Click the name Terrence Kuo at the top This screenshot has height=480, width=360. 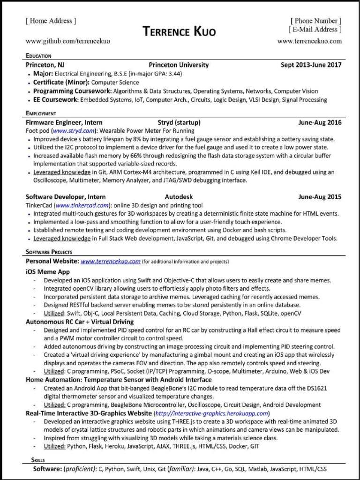(180, 32)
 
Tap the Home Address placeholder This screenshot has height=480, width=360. (51, 21)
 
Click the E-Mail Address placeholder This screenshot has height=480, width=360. (315, 30)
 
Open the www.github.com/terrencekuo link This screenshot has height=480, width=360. (68, 41)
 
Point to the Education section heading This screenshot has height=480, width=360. (38, 56)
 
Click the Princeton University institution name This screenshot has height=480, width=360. (179, 65)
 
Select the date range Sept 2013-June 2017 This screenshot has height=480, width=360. (311, 65)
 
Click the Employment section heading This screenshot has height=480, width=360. (41, 113)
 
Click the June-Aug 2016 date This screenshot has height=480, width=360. (320, 123)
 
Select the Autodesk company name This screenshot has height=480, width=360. (179, 197)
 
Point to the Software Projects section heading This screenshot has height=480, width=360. (49, 252)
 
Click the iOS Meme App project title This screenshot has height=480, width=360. (48, 271)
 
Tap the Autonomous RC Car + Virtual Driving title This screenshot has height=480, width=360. (80, 322)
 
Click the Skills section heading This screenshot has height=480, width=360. (38, 460)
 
